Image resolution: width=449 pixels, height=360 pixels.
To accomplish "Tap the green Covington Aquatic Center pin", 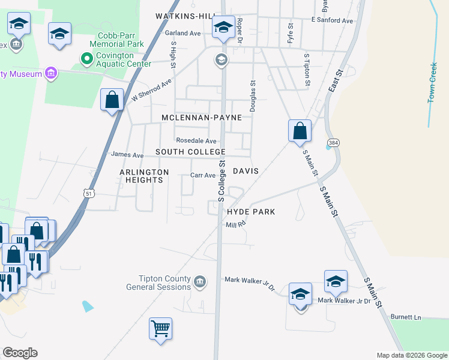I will tap(86, 59).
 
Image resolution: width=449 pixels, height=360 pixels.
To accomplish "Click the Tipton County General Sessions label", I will tap(158, 283).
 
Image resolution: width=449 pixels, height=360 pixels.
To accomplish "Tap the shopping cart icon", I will tap(160, 329).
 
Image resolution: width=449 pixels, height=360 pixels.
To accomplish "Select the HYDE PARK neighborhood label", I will tap(251, 212).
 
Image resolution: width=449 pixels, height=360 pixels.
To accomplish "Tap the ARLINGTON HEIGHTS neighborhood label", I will tap(144, 176).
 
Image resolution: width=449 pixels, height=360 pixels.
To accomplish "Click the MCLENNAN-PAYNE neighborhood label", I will tap(201, 118).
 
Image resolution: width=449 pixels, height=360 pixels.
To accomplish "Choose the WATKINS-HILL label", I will tap(185, 16).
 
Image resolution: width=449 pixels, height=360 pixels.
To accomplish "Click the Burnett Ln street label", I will tap(406, 316).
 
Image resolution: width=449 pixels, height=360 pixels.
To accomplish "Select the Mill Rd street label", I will tap(236, 224).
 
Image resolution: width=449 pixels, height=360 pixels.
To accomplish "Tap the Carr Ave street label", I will tap(202, 175).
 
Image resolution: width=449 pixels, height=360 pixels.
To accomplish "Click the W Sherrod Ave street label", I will tap(152, 90).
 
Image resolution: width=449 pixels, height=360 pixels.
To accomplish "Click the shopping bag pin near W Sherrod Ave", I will tap(112, 100).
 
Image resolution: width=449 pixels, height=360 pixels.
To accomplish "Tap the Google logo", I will tap(20, 353).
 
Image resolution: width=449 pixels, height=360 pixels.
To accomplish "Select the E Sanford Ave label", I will tap(332, 20).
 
